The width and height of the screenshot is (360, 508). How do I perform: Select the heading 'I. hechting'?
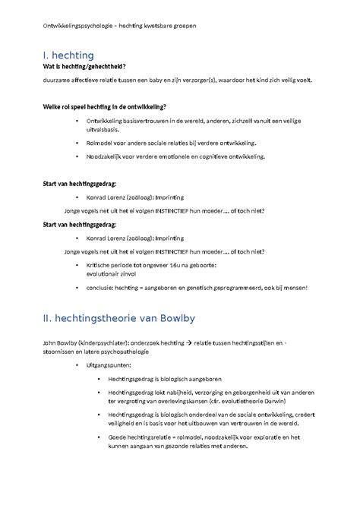click(x=68, y=55)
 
